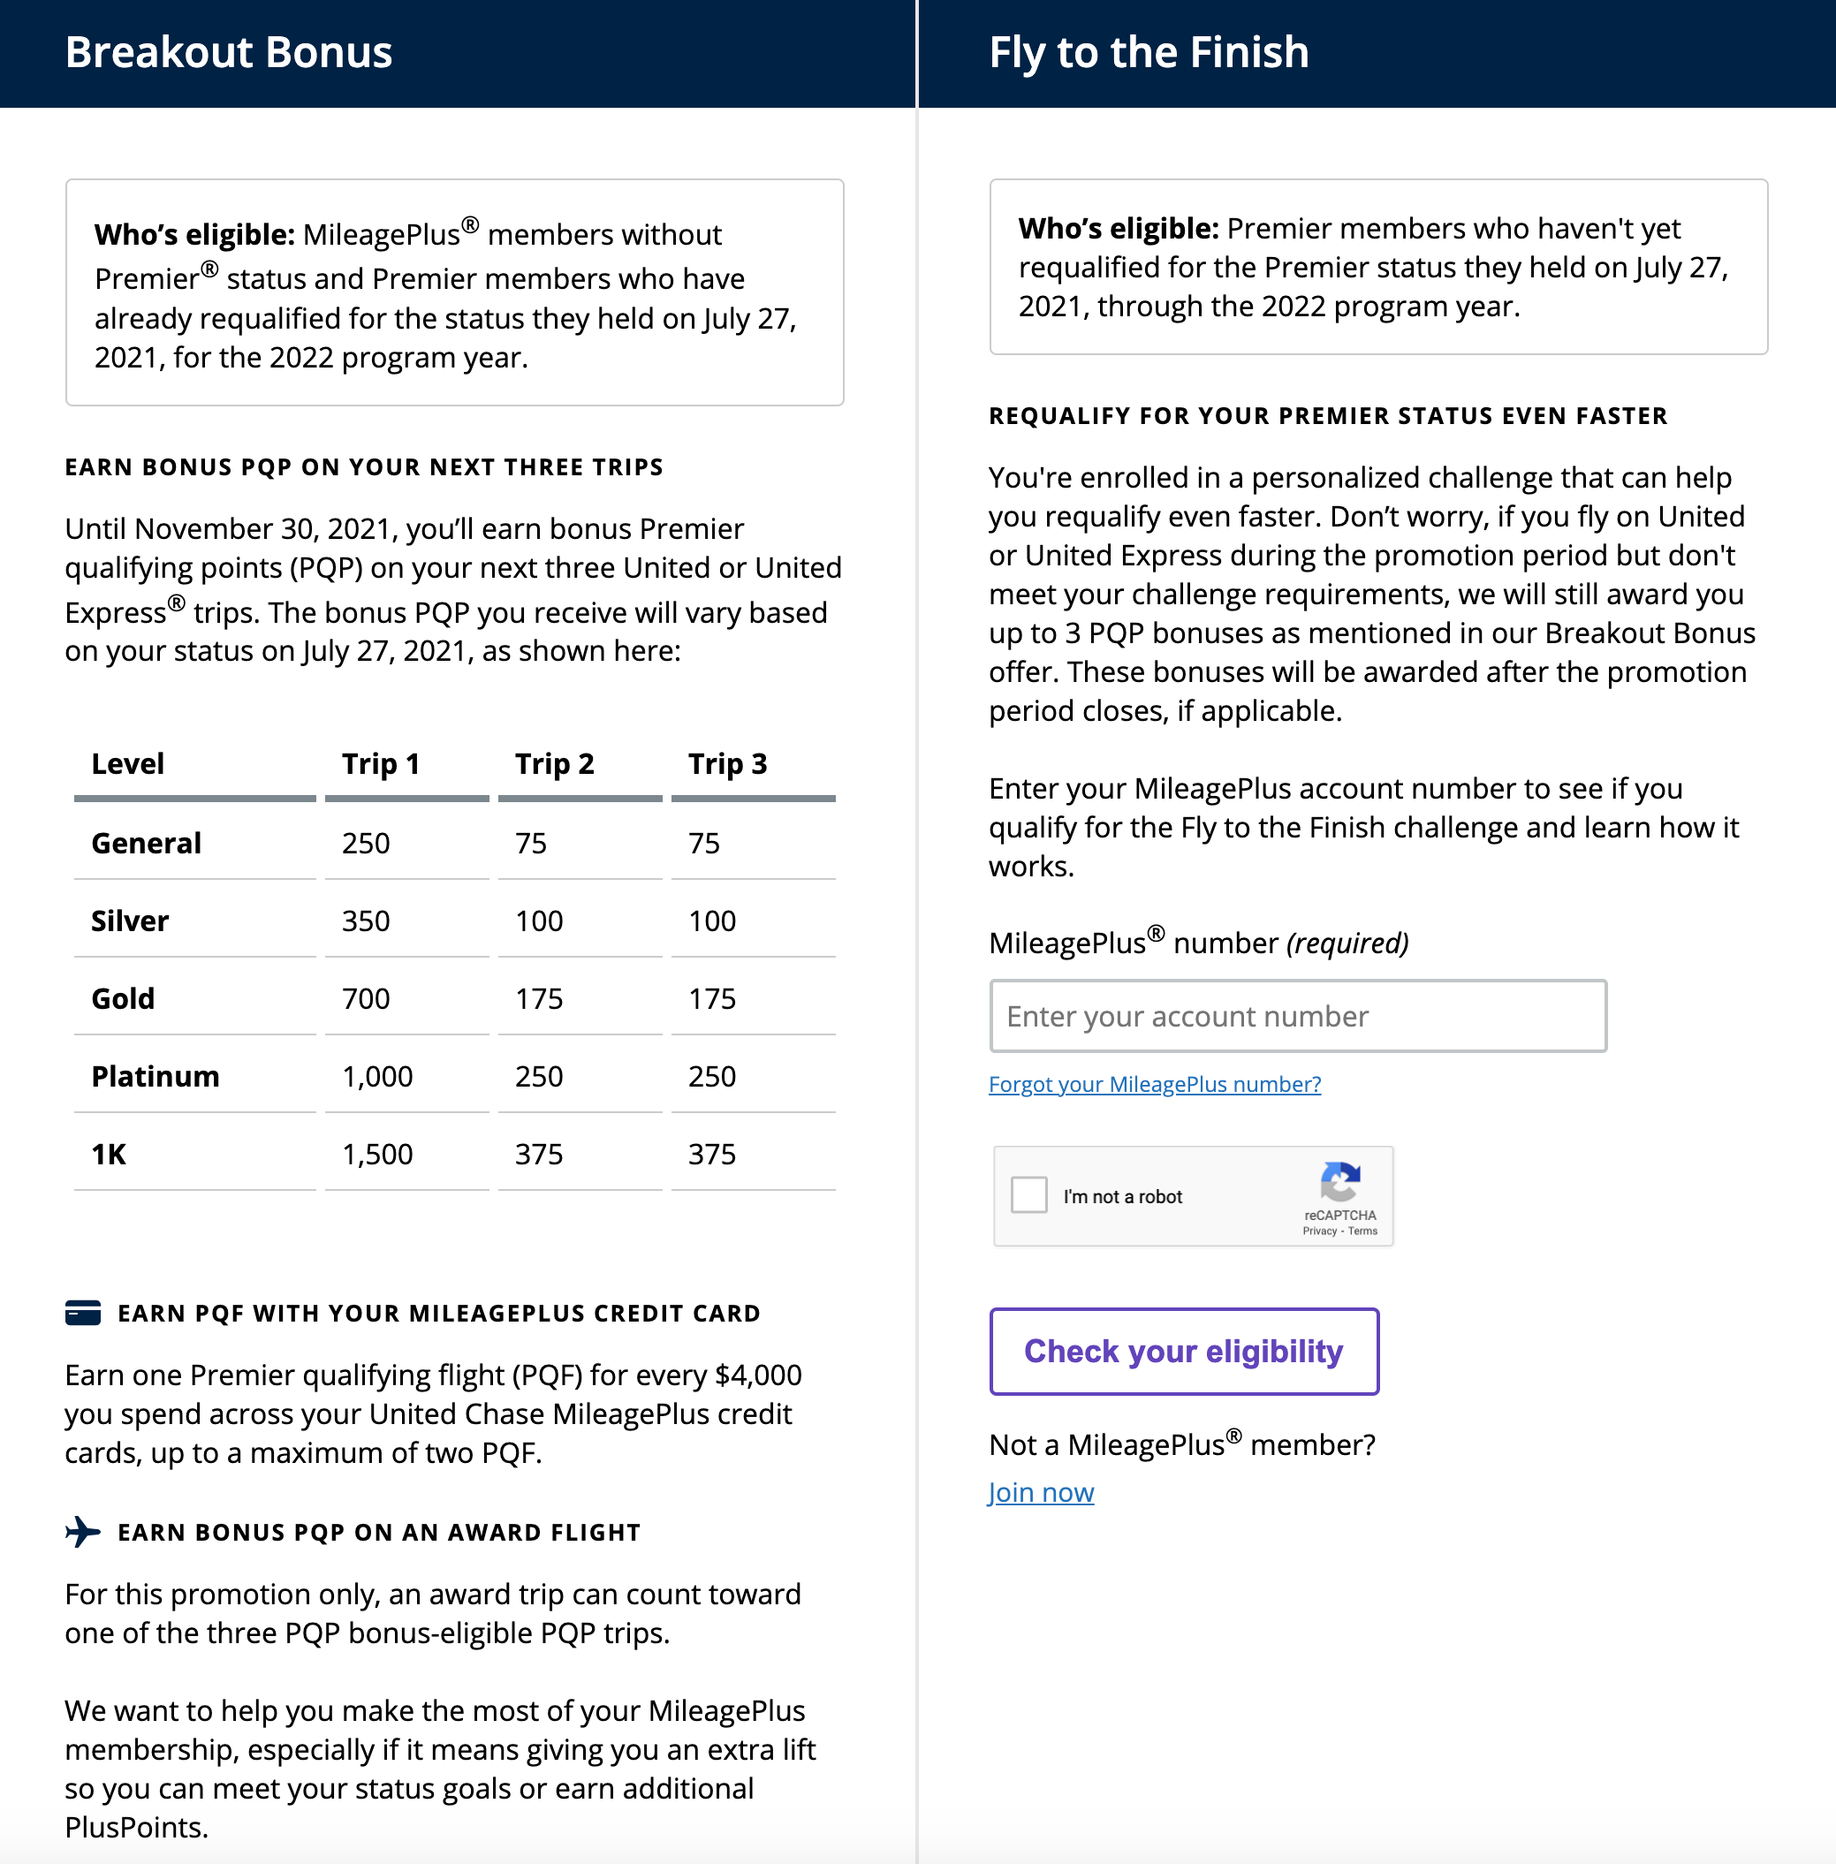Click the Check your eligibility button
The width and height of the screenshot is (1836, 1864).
pyautogui.click(x=1183, y=1351)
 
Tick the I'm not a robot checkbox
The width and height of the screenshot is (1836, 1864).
pyautogui.click(x=1029, y=1194)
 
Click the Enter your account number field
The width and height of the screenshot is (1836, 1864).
pyautogui.click(x=1297, y=1017)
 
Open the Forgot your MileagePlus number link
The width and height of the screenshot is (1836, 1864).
pyautogui.click(x=1154, y=1084)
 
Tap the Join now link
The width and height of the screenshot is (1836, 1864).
pyautogui.click(x=1042, y=1493)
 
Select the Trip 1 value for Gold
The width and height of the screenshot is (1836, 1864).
pyautogui.click(x=367, y=998)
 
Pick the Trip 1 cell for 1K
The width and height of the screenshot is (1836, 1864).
pyautogui.click(x=377, y=1155)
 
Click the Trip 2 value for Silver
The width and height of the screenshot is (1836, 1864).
pyautogui.click(x=539, y=921)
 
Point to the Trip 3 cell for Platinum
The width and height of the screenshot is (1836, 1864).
pyautogui.click(x=711, y=1076)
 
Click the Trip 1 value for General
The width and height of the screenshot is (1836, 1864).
pyautogui.click(x=367, y=843)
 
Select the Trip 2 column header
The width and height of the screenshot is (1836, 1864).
pyautogui.click(x=555, y=764)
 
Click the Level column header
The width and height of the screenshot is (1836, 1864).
pyautogui.click(x=128, y=764)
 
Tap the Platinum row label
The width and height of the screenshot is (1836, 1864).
pyautogui.click(x=156, y=1076)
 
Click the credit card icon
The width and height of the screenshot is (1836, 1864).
pyautogui.click(x=83, y=1313)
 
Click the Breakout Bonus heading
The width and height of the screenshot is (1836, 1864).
pyautogui.click(x=229, y=52)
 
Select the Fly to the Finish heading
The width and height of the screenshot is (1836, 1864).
pyautogui.click(x=1149, y=52)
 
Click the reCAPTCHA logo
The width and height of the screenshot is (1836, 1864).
pyautogui.click(x=1339, y=1181)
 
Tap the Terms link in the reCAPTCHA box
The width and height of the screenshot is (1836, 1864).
pyautogui.click(x=1362, y=1231)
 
